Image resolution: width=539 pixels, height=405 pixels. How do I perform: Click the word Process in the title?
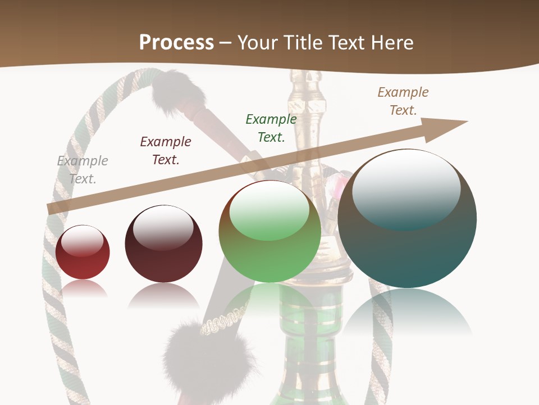[x=176, y=42]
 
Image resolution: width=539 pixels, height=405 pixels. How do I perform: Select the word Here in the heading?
[x=390, y=42]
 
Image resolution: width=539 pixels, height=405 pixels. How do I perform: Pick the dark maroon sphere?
[x=163, y=244]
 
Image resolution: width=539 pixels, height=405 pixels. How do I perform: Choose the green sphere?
[x=269, y=232]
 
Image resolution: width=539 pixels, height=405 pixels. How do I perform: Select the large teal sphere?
[x=407, y=219]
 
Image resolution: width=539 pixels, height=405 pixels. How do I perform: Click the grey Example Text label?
[x=83, y=170]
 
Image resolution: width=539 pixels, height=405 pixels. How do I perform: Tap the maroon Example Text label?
[x=166, y=151]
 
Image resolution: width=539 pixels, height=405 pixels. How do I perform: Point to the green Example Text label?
[x=271, y=128]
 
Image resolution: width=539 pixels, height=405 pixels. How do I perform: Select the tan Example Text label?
[x=403, y=101]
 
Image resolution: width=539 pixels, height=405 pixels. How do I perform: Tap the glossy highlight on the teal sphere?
[x=406, y=186]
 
